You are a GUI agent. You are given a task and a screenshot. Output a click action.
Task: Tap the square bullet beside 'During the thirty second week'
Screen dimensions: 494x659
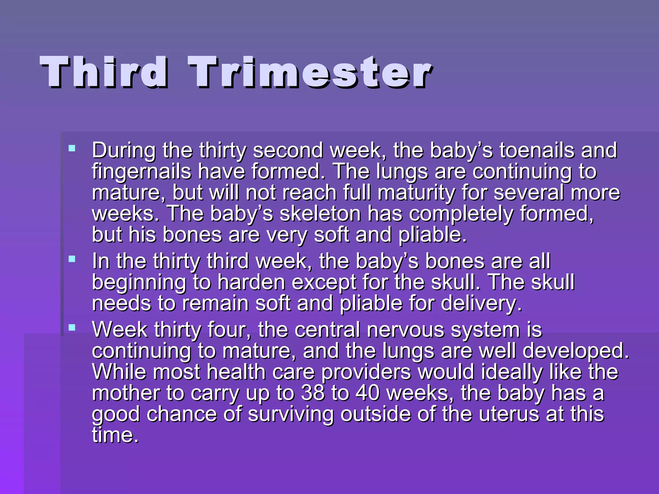point(72,148)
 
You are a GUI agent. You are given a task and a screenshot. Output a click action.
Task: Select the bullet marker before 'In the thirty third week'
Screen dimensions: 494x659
point(72,259)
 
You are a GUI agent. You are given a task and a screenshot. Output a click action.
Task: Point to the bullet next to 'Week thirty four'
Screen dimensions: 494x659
point(72,328)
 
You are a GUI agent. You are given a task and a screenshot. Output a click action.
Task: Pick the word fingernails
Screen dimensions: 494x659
point(142,171)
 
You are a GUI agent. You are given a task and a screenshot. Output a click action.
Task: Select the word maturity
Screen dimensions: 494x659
point(416,193)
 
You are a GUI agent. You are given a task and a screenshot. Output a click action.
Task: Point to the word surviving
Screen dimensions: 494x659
point(291,415)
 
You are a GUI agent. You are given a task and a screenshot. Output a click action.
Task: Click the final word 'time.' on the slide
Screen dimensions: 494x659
point(115,435)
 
